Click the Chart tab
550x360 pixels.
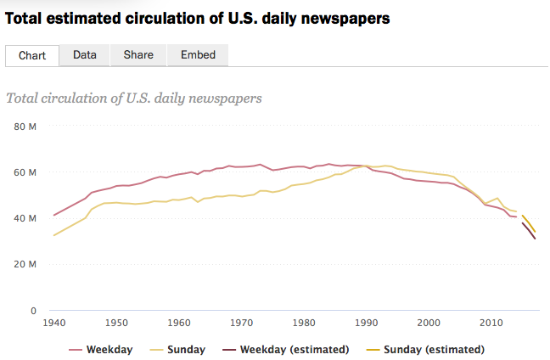(32, 55)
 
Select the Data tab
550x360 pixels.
(84, 55)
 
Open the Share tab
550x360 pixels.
(138, 55)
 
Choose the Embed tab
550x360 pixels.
(198, 55)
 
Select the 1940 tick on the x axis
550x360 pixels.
(54, 323)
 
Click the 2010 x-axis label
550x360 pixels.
(490, 323)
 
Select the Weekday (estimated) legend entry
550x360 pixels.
(295, 350)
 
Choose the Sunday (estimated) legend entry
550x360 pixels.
(433, 350)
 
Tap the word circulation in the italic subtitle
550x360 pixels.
(79, 98)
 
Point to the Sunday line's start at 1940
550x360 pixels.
(54, 235)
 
